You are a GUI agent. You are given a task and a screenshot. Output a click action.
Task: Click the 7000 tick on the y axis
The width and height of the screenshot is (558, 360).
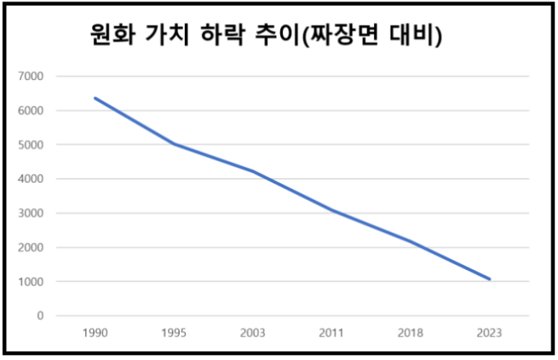[x=32, y=76]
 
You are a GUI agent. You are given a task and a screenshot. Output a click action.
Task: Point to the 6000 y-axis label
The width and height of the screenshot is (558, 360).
[x=32, y=110]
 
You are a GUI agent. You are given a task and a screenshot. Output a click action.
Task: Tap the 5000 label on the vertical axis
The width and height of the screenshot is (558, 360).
[x=32, y=144]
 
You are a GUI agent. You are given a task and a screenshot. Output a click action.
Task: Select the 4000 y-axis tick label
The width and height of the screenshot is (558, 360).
[x=32, y=179]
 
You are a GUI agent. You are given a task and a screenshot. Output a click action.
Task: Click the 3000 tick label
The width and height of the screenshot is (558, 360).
[x=32, y=213]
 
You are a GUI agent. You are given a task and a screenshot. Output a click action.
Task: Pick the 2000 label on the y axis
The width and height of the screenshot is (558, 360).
[x=32, y=247]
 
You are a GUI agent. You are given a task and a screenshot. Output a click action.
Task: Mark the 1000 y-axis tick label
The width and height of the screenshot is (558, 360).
[x=32, y=281]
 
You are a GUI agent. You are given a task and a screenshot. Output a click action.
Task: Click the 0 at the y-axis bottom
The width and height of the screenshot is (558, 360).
[x=40, y=316]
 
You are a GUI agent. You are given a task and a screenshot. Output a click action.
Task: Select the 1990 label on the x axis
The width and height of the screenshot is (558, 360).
[x=95, y=333]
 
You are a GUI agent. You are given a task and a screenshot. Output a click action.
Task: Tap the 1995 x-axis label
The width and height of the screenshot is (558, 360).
[x=174, y=333]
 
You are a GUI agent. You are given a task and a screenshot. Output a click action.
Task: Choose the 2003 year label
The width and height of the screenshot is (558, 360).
[x=253, y=333]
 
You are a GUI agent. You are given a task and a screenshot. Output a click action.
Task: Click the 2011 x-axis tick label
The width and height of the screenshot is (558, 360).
[x=331, y=333]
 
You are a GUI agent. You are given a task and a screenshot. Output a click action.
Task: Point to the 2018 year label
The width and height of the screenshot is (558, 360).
[x=411, y=333]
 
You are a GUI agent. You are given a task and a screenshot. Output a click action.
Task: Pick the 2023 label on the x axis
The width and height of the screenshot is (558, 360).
[x=489, y=333]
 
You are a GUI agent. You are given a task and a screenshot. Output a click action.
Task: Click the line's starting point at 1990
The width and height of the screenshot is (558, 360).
[x=95, y=98]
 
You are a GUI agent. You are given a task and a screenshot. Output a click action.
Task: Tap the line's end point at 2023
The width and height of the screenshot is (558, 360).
[x=489, y=279]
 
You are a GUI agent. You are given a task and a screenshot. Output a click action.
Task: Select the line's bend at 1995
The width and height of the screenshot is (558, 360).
[x=174, y=144]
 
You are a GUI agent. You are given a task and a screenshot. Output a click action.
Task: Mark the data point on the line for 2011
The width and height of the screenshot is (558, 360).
[x=331, y=210]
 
